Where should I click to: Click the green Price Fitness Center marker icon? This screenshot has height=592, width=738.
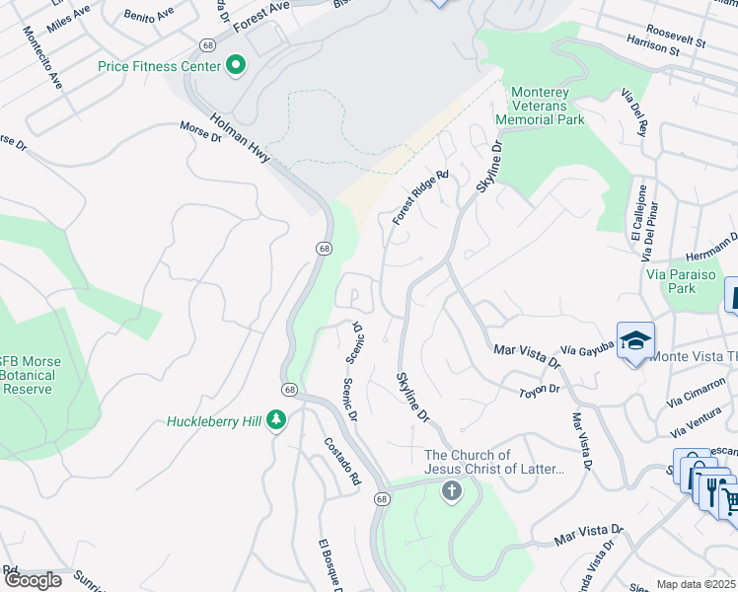pos(236,66)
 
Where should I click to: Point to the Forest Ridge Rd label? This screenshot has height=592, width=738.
pos(420,197)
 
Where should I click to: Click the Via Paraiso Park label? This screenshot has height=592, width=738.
pos(685,281)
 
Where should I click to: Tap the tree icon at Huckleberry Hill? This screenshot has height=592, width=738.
pos(278,421)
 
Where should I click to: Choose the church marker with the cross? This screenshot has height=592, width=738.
pos(452,491)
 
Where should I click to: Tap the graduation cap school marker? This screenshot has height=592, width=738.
pos(636,341)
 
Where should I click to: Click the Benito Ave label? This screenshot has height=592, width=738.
pos(148,16)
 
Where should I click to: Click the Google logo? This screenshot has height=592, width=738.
pos(33,580)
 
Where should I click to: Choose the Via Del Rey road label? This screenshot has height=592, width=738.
pos(632,111)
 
